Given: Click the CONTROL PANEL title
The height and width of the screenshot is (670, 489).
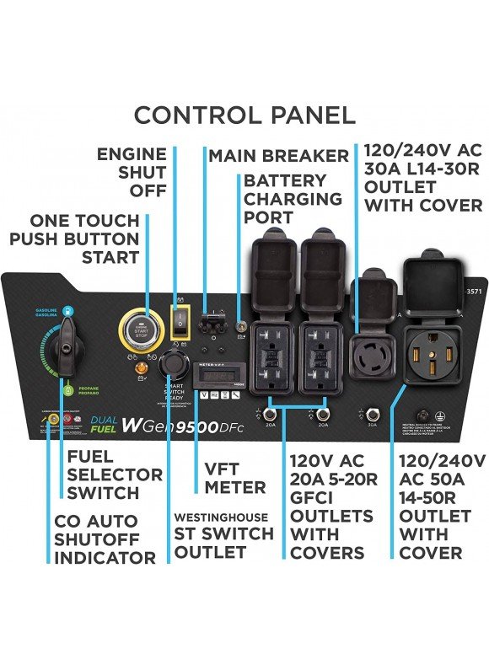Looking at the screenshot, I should click(x=244, y=115).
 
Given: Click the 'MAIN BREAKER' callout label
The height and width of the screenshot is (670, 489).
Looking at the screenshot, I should click(x=278, y=156).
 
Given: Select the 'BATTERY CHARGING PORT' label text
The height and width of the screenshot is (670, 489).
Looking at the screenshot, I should click(x=293, y=200).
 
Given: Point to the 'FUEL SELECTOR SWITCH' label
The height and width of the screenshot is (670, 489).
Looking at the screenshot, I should click(x=103, y=474).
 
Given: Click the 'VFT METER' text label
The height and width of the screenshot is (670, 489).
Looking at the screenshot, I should click(x=235, y=478).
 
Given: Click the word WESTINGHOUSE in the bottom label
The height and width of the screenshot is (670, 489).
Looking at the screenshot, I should click(x=221, y=517).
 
